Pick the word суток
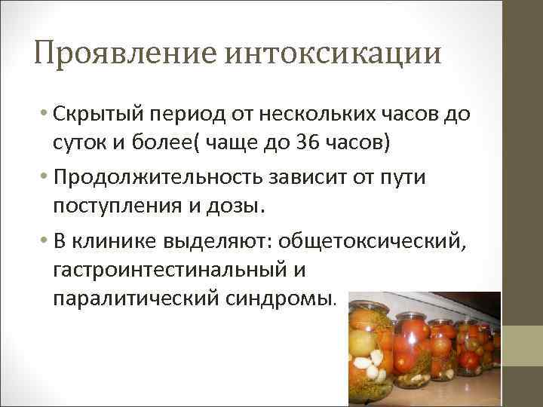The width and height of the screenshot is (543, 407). point(79,143)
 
